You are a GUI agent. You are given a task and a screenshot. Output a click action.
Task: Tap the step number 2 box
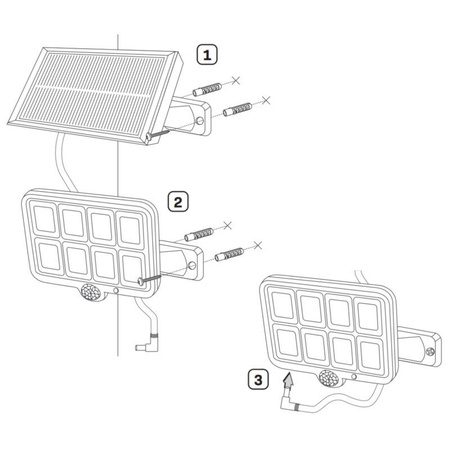177,202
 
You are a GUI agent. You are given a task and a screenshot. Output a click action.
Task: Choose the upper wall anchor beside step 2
200,234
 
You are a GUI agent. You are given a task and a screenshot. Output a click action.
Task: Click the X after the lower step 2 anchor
257,245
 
